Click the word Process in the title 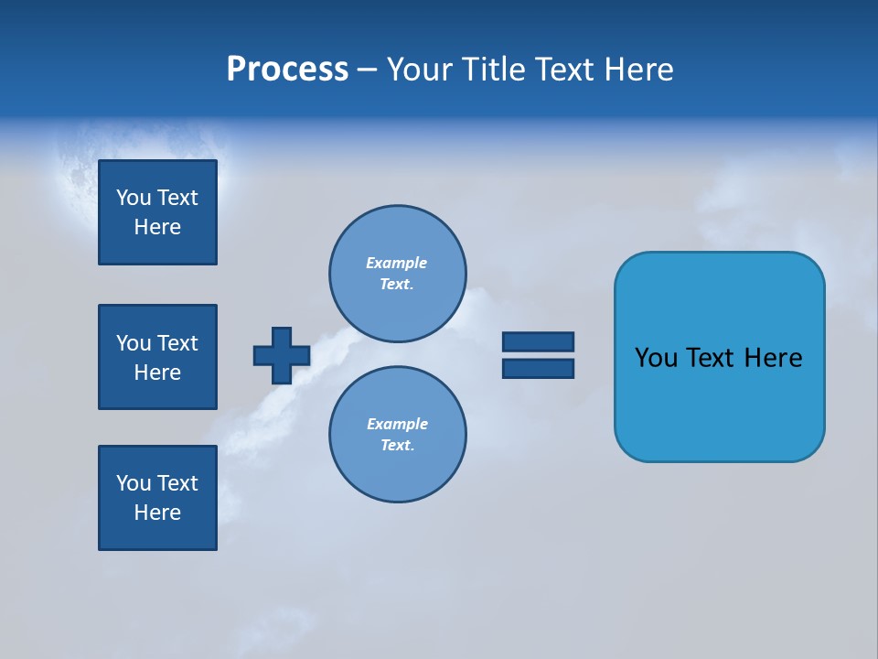click(287, 70)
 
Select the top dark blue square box click(157, 212)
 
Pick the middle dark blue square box click(157, 357)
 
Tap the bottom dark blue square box click(157, 498)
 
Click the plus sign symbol click(282, 355)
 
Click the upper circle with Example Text click(398, 273)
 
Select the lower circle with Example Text click(398, 435)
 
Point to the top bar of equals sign click(538, 341)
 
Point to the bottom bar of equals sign click(538, 368)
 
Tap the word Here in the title click(639, 70)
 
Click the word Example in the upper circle click(397, 263)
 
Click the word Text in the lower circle click(397, 445)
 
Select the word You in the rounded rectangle click(656, 358)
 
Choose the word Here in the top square click(157, 227)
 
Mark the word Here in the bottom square click(157, 513)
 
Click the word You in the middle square click(134, 343)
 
